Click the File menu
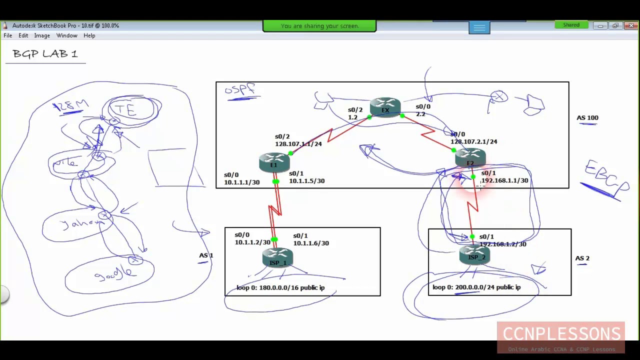pos(8,35)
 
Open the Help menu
pos(89,35)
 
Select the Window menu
pos(66,35)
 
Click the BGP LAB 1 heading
pos(45,53)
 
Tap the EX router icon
pos(385,107)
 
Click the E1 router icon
pos(274,162)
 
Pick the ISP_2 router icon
pos(475,255)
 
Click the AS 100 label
pos(587,118)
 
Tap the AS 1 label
pos(206,255)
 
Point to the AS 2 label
pos(582,258)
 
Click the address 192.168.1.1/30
pos(504,180)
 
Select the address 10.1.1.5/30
pos(306,181)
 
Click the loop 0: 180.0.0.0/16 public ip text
pos(280,288)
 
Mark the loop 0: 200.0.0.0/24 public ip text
pos(476,287)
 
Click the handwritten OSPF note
pos(239,89)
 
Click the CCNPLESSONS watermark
pos(561,334)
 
